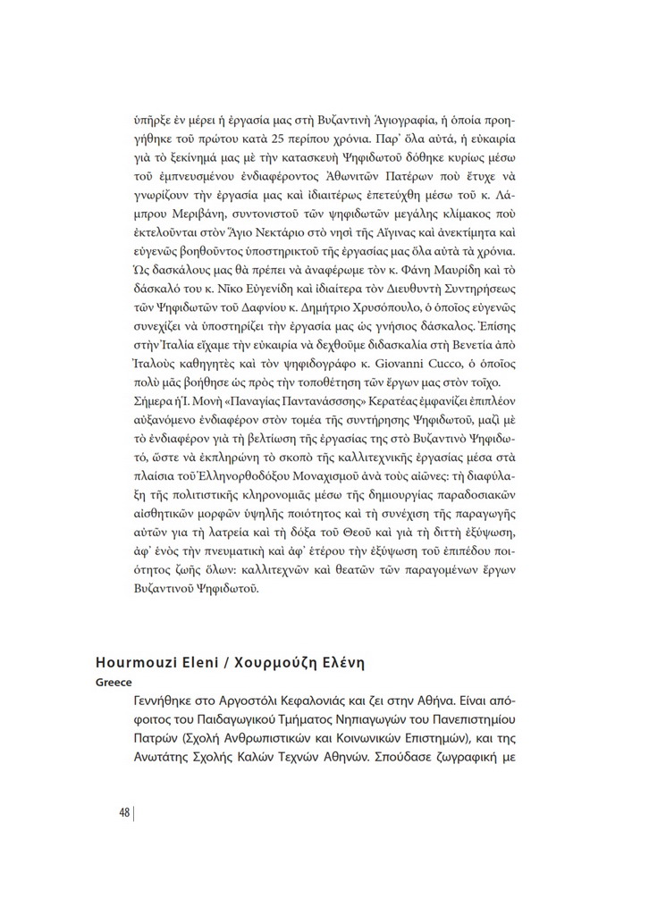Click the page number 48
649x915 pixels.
pyautogui.click(x=124, y=812)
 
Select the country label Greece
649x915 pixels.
pyautogui.click(x=114, y=681)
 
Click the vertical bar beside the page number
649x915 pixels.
pyautogui.click(x=134, y=812)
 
